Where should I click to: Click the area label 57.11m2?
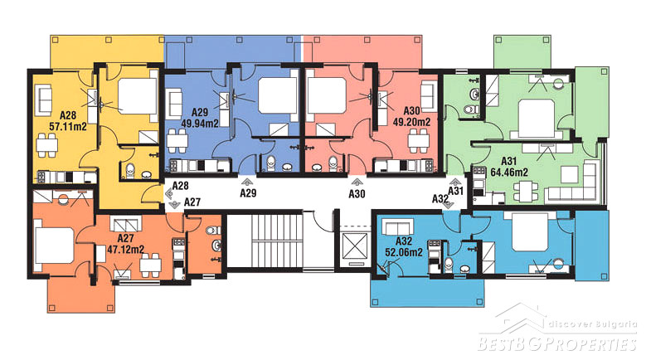(68, 126)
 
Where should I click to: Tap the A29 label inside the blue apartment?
(200, 112)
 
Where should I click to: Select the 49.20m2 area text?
(411, 122)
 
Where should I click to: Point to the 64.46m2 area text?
(509, 172)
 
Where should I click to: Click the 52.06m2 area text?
(404, 252)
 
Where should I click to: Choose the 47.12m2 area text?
(126, 249)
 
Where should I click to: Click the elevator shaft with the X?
(355, 246)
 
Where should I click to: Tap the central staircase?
(265, 239)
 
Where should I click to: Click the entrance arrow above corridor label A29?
(247, 182)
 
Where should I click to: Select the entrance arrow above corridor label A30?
(357, 182)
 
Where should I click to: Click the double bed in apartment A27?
(54, 246)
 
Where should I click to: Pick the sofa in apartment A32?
(397, 226)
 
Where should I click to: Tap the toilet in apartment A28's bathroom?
(130, 171)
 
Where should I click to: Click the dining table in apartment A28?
(46, 145)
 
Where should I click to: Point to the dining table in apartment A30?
(419, 141)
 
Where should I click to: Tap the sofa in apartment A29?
(175, 103)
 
